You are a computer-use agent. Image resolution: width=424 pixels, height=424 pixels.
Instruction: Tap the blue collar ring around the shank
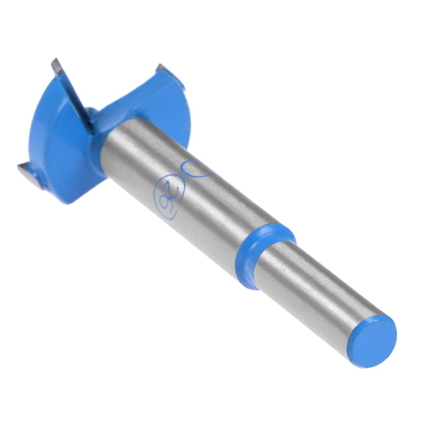[x=265, y=254]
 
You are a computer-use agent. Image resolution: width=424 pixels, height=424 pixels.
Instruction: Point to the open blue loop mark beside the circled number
[x=196, y=168]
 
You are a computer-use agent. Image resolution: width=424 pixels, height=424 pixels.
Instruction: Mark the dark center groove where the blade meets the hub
[x=90, y=119]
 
